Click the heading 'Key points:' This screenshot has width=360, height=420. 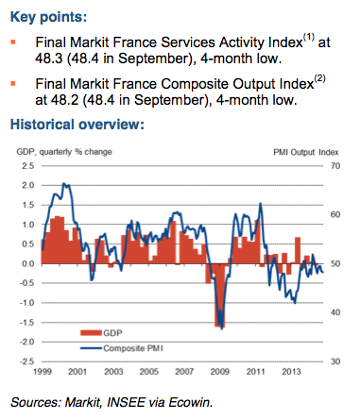tap(47, 18)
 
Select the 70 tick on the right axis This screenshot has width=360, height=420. tap(337, 165)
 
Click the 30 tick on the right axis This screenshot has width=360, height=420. tap(337, 361)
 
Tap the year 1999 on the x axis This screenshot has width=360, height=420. tap(30, 371)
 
